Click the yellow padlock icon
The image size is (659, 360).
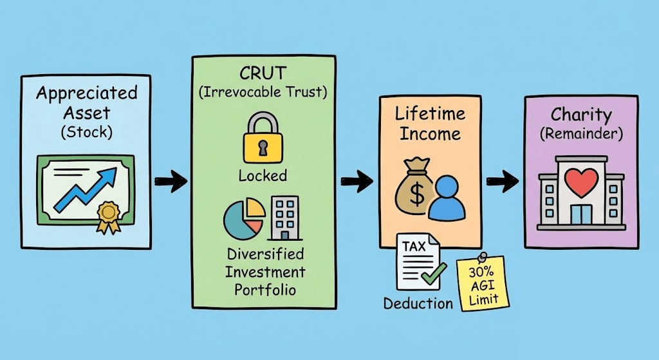(x=262, y=140)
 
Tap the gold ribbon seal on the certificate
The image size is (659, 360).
(x=108, y=212)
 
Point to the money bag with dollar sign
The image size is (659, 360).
(x=416, y=186)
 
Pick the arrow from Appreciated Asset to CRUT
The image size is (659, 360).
(x=170, y=181)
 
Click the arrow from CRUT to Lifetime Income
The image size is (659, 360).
(x=357, y=182)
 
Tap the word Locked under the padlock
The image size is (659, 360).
(x=263, y=175)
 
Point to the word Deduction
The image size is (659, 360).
(x=418, y=303)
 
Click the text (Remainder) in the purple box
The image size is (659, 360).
(x=580, y=135)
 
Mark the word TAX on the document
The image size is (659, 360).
(x=413, y=247)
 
